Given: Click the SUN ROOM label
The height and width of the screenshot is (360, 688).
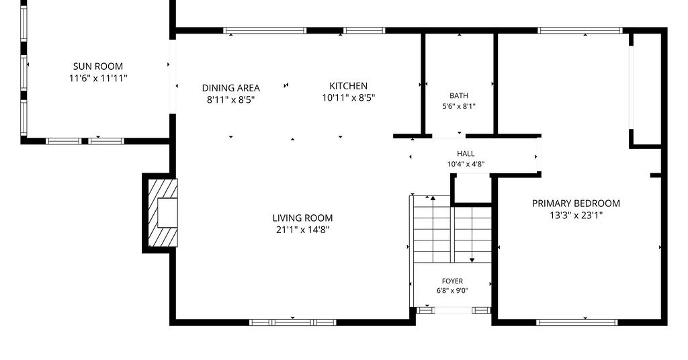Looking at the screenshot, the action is tap(98, 66).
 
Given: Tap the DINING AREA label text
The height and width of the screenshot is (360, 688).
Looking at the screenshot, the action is tap(231, 88).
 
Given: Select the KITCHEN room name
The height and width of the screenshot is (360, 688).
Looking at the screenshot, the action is tap(349, 86).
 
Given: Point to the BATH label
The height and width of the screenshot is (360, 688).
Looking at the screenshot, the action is tap(458, 95).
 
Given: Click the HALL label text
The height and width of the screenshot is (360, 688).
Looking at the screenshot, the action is tap(466, 154).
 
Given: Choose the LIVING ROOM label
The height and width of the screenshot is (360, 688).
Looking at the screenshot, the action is tap(303, 218).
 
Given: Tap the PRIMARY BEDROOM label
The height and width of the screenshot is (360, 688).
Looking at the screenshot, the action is tap(576, 204).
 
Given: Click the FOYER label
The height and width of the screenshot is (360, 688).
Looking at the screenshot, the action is tap(452, 281).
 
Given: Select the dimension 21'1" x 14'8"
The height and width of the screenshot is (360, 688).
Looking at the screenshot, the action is tap(303, 230).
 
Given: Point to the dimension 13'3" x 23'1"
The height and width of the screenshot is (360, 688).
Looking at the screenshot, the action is tap(576, 216).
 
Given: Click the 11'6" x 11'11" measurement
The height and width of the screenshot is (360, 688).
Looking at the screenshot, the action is tap(98, 79).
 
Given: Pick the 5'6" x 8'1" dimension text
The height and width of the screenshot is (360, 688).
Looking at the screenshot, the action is tap(459, 106).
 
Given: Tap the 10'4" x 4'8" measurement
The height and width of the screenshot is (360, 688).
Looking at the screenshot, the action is tap(466, 165).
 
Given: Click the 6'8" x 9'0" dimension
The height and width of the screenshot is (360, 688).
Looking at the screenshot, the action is tap(452, 290).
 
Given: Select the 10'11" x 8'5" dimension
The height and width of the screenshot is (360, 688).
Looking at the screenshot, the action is tap(349, 98).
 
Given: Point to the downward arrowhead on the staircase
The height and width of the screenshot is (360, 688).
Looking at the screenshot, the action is tap(472, 260).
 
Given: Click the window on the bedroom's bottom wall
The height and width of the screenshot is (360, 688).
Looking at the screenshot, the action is tap(577, 322).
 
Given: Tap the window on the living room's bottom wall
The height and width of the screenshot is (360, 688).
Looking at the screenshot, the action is tap(293, 322).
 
